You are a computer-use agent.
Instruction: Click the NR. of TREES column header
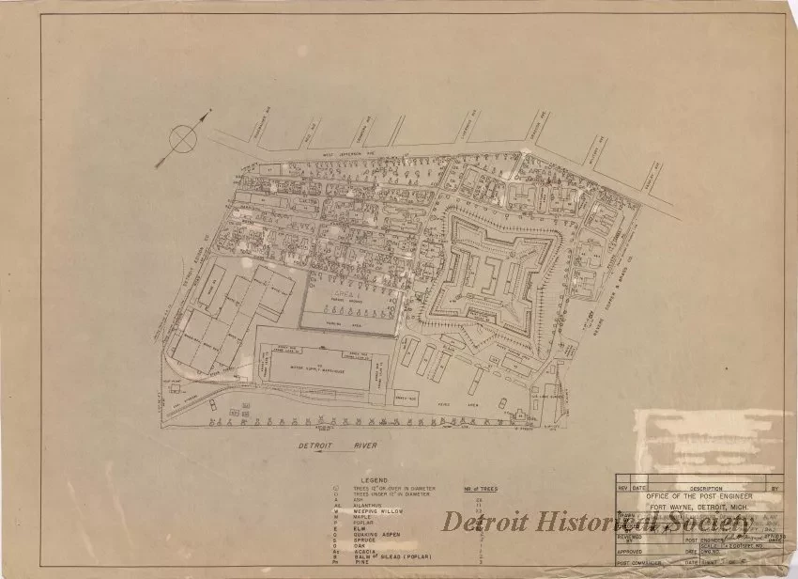[x=482, y=489]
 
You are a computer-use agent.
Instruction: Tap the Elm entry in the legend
[x=360, y=527]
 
